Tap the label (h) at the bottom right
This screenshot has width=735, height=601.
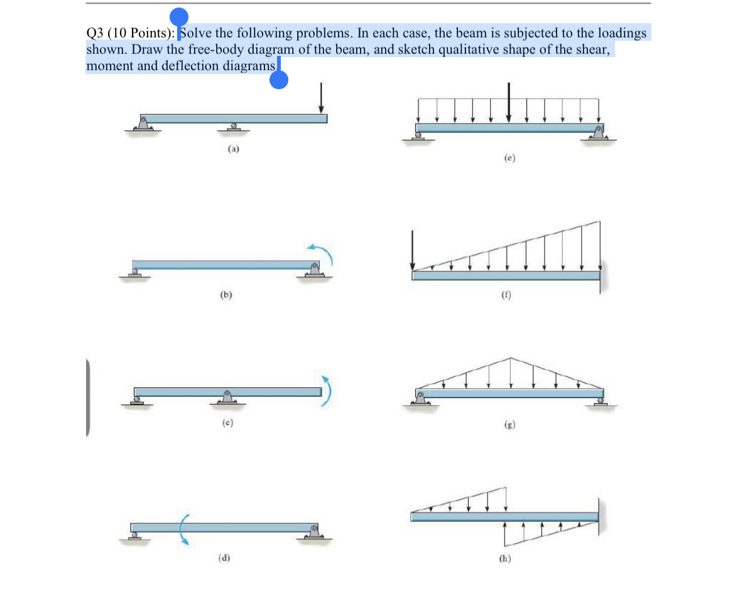point(504,560)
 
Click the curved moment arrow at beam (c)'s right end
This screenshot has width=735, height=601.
point(326,391)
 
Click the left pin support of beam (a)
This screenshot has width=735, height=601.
point(144,124)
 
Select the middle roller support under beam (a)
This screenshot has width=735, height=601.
point(234,127)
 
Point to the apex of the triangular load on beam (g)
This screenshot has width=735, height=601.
point(511,359)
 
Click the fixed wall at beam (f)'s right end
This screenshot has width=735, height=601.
point(601,276)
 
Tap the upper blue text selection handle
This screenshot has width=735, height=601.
point(179,18)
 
